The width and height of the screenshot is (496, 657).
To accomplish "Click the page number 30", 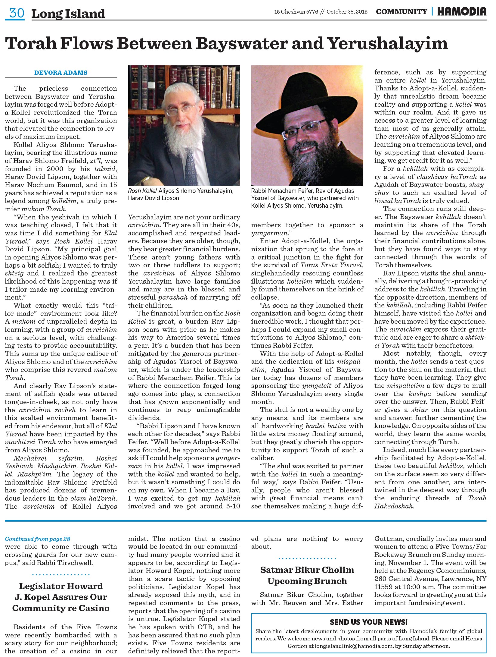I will (x=17, y=13).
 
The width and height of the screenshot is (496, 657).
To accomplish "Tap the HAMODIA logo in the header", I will (x=462, y=11).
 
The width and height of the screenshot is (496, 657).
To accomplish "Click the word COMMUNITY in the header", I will (x=401, y=12).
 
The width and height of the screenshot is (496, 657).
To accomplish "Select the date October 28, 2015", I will (x=347, y=12).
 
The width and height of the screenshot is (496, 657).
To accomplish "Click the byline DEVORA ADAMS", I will (x=61, y=73).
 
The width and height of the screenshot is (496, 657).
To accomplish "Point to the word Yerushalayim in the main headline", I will (x=388, y=43).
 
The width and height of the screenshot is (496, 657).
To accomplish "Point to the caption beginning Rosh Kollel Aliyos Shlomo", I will (x=181, y=194).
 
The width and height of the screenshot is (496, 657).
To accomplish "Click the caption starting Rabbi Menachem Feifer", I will (x=305, y=198).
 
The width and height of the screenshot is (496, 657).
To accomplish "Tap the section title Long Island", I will (x=68, y=14).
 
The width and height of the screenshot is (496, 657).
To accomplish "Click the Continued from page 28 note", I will (x=38, y=539).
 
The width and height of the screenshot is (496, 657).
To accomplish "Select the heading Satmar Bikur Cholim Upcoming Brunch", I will (x=307, y=575).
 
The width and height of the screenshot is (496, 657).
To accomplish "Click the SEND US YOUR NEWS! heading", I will (x=369, y=622).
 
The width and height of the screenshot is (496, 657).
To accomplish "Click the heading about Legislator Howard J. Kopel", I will (x=61, y=597).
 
